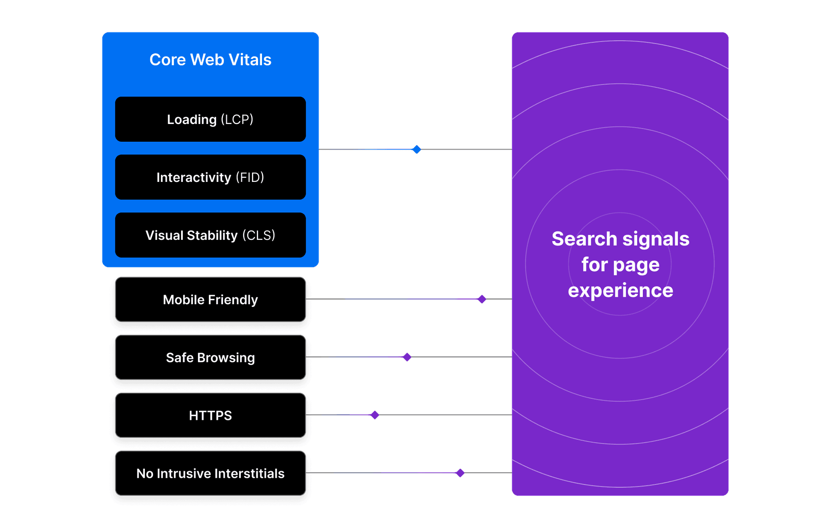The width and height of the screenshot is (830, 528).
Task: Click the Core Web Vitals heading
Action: click(x=210, y=60)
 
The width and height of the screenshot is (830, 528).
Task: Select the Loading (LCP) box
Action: click(x=210, y=119)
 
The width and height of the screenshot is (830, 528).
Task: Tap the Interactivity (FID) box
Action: click(x=210, y=177)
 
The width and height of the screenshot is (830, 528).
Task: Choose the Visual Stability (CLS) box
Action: click(x=210, y=235)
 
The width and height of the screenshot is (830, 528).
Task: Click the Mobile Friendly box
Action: click(x=210, y=299)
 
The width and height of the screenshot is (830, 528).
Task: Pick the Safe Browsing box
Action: click(x=210, y=357)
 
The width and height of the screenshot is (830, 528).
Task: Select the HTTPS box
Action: click(x=210, y=415)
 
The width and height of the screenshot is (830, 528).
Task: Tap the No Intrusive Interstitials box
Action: click(x=210, y=473)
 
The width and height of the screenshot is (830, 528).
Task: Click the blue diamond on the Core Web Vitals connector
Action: click(x=416, y=149)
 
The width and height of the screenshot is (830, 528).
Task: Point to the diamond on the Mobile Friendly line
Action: click(x=482, y=299)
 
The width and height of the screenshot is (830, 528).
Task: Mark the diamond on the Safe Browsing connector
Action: click(x=407, y=357)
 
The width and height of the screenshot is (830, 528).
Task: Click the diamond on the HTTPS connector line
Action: click(x=374, y=415)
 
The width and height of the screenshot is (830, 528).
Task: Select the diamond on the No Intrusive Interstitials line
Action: click(x=460, y=473)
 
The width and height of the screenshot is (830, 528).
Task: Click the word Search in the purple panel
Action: click(x=584, y=239)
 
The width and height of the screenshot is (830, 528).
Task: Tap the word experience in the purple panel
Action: click(x=620, y=290)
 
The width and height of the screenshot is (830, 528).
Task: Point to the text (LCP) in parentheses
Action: click(x=237, y=119)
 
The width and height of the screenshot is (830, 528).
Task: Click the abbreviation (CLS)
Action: click(x=259, y=235)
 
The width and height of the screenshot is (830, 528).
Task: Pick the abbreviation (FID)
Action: click(x=250, y=177)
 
